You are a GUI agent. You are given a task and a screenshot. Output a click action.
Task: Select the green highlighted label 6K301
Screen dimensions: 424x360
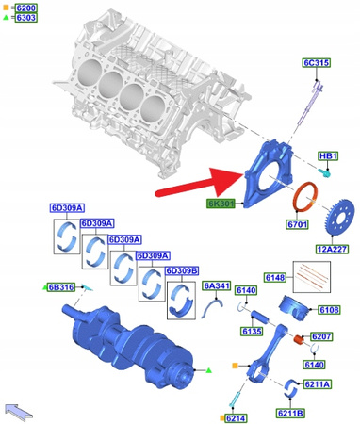pyautogui.click(x=223, y=203)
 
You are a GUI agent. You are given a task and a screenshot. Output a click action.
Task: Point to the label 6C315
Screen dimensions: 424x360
pyautogui.click(x=315, y=63)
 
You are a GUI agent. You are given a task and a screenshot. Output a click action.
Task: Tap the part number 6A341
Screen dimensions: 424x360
pyautogui.click(x=217, y=285)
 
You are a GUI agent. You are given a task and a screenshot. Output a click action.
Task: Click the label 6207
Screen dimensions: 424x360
pyautogui.click(x=322, y=335)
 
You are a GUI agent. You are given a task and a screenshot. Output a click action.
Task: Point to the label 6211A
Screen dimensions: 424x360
pyautogui.click(x=316, y=384)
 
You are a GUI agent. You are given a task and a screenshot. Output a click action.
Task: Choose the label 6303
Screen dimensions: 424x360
pyautogui.click(x=25, y=18)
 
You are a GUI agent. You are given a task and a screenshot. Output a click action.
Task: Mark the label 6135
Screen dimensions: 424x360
pyautogui.click(x=251, y=332)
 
